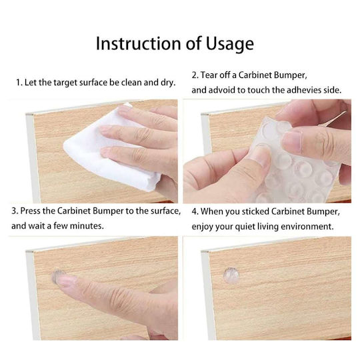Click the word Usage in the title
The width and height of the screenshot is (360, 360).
(229, 43)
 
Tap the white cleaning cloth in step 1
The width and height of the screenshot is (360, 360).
(110, 149)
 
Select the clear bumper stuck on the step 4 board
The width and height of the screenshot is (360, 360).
(231, 275)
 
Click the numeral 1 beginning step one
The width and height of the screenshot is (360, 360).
(18, 83)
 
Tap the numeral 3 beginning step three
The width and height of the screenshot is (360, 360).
(14, 211)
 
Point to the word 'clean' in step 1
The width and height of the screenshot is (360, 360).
(131, 82)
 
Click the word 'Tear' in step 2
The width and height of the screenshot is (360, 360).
(209, 75)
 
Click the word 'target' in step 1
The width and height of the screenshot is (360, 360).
(65, 83)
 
